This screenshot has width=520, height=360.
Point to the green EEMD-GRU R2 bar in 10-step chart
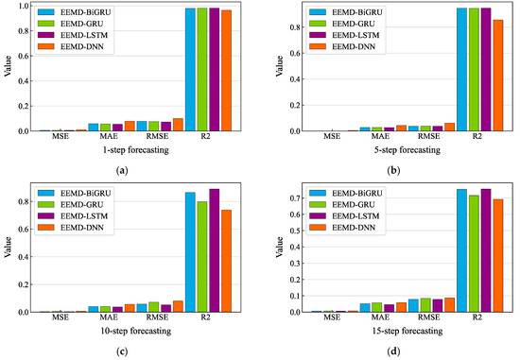pyautogui.click(x=202, y=256)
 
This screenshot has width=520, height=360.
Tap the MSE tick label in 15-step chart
pyautogui.click(x=332, y=319)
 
